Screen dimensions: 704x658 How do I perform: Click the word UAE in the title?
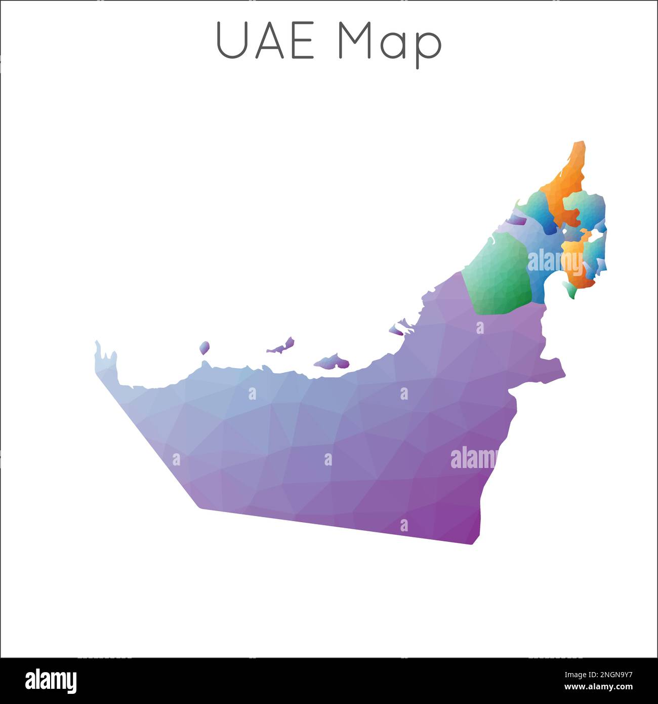(x=265, y=41)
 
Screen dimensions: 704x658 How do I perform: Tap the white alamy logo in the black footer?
(x=51, y=681)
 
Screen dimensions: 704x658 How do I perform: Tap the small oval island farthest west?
(x=204, y=347)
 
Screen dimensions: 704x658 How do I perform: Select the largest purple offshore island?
(x=332, y=362)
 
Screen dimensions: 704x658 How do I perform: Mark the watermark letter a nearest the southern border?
(x=404, y=525)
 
